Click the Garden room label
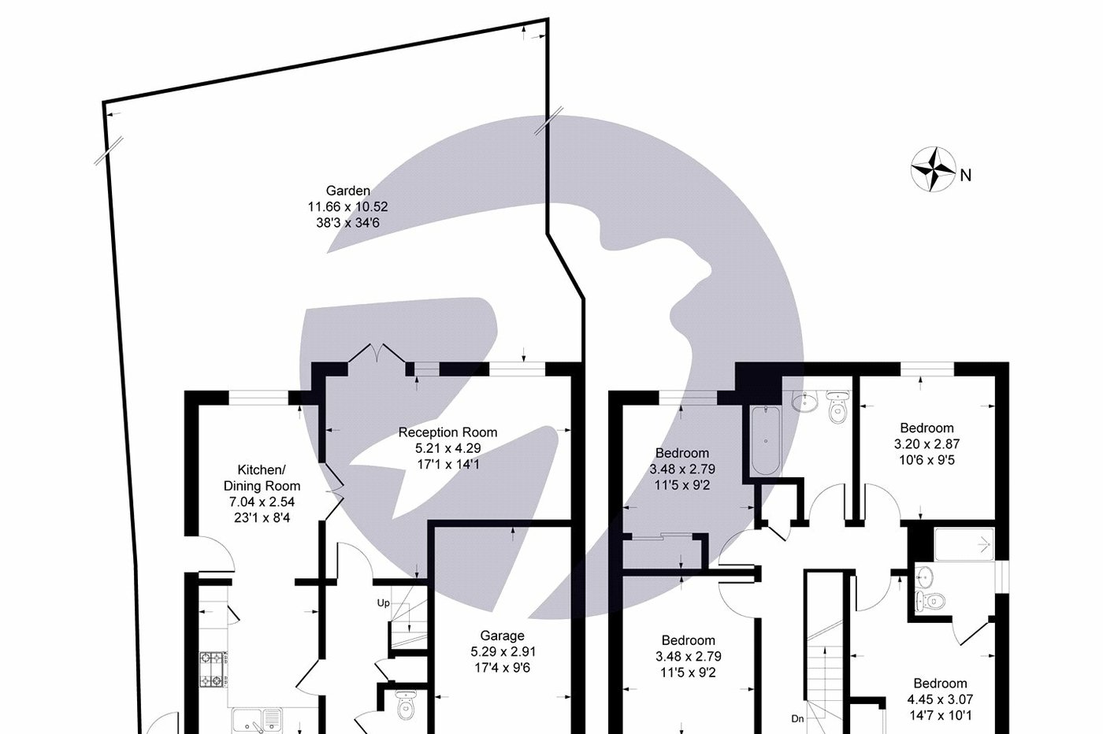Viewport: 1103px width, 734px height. tap(347, 191)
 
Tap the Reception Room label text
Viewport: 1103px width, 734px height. tap(448, 432)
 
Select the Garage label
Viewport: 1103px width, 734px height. tap(502, 636)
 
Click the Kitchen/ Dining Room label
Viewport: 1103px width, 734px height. tap(262, 478)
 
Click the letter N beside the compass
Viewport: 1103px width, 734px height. tap(966, 176)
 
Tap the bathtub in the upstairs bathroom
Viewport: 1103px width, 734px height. tap(764, 441)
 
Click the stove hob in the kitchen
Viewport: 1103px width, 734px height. tap(213, 668)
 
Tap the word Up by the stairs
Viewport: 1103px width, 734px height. tap(384, 603)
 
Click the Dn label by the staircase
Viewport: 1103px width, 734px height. tap(798, 718)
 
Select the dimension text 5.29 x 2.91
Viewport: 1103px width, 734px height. tap(503, 652)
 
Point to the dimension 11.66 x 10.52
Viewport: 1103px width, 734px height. tap(347, 207)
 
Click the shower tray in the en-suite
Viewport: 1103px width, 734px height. tap(964, 544)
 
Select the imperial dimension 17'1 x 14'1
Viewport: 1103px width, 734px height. tap(448, 465)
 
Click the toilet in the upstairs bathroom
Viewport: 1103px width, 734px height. tap(837, 409)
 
